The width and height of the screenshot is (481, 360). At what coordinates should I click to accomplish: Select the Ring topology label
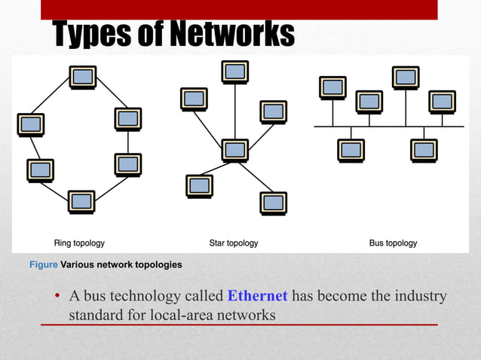[x=79, y=243]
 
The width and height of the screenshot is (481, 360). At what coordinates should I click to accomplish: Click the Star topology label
[x=234, y=243]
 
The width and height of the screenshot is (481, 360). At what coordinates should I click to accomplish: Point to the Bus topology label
[x=393, y=243]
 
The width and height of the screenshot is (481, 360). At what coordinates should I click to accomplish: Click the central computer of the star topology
[x=235, y=150]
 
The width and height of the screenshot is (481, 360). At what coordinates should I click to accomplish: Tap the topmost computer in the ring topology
[x=82, y=77]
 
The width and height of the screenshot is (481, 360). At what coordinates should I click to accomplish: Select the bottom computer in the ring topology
[x=81, y=201]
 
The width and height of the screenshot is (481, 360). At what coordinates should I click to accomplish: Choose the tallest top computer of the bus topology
[x=406, y=78]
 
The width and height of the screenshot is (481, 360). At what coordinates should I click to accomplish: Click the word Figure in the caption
[x=43, y=265]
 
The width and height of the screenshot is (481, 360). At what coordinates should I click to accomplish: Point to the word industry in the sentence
[x=420, y=296]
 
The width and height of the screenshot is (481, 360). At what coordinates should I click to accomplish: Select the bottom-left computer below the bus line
[x=351, y=150]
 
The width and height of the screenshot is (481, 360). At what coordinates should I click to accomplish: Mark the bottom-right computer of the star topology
[x=273, y=203]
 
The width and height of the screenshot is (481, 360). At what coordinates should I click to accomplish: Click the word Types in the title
[x=92, y=34]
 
